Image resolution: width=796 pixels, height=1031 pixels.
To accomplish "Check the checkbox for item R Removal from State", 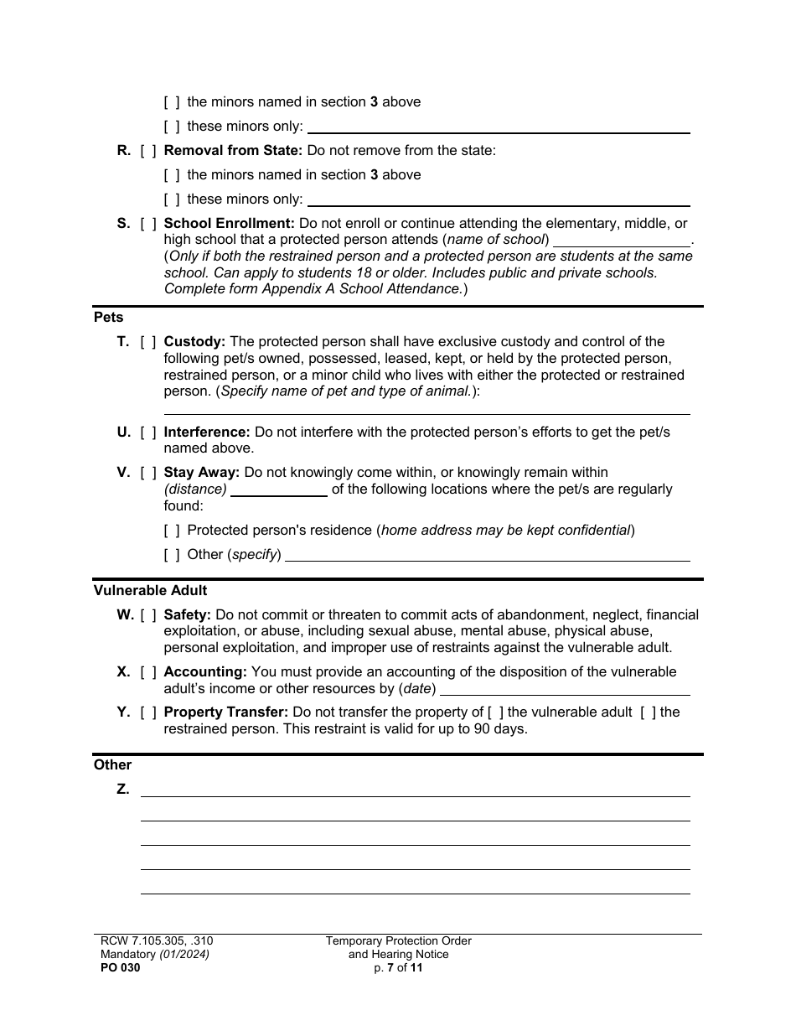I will click(148, 151).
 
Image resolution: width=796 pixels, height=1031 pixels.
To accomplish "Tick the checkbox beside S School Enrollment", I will click(148, 224).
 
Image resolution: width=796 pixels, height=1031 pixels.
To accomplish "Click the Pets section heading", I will click(108, 318).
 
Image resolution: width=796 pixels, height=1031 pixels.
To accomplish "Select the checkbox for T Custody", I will click(148, 342).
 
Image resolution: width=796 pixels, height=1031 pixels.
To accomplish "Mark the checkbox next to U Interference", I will click(148, 433).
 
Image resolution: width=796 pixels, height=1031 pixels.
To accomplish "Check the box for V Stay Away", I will click(148, 473).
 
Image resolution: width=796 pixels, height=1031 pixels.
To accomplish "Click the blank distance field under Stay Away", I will click(278, 490).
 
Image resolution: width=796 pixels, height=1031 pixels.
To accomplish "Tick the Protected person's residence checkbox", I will click(172, 531).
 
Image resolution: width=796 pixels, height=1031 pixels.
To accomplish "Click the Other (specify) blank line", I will click(487, 555).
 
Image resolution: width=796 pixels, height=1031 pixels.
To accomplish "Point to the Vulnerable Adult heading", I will click(150, 591).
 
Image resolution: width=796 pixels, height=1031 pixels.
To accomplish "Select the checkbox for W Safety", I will click(148, 615).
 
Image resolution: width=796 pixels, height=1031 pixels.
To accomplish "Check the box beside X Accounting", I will click(148, 672).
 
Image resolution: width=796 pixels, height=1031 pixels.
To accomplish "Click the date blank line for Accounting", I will click(565, 689).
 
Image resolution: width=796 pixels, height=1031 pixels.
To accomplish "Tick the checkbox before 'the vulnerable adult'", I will click(496, 712).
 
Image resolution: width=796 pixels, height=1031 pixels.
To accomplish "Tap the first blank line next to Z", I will click(415, 790).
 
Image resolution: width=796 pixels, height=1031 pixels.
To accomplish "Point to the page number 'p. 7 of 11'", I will click(399, 967).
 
